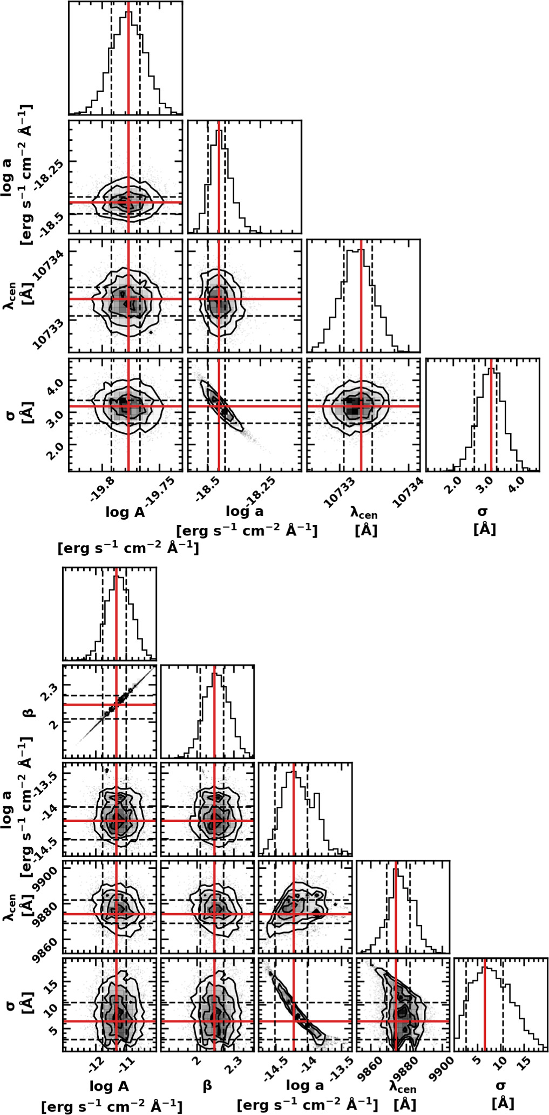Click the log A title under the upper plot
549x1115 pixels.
[125, 512]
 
